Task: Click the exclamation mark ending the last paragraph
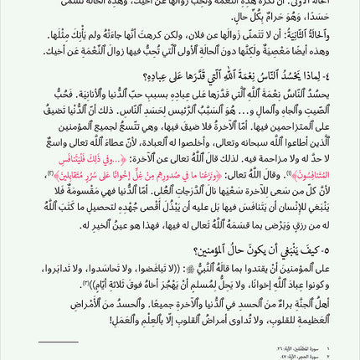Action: (x=111, y=319)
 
